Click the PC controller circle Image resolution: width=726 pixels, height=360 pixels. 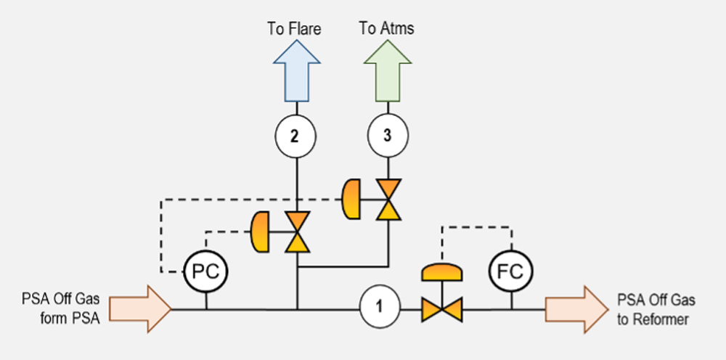click(x=206, y=272)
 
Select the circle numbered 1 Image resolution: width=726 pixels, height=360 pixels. click(x=379, y=309)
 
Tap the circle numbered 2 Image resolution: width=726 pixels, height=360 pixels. click(x=296, y=136)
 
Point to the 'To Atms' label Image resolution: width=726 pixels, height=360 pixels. click(x=387, y=30)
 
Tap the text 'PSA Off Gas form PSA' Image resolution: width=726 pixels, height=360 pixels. click(x=62, y=308)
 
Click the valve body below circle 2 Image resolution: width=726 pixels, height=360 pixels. click(x=297, y=232)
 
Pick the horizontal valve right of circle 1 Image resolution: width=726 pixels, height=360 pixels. click(x=442, y=310)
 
